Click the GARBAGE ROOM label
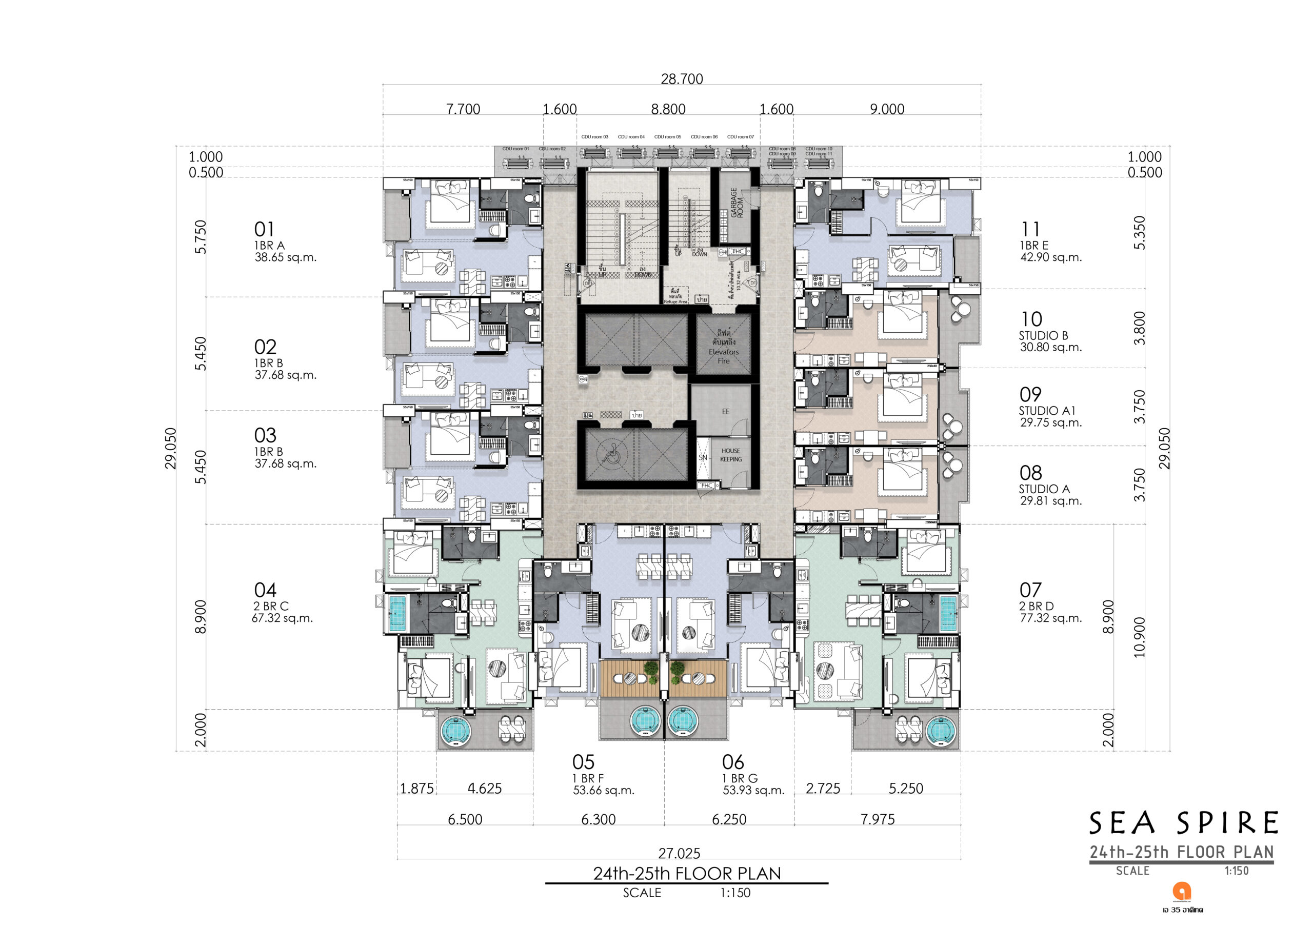[x=737, y=203]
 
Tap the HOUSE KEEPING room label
[x=730, y=455]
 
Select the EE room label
[x=725, y=412]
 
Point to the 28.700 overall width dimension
[x=682, y=79]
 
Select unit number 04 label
[x=265, y=590]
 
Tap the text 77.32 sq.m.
[x=1050, y=618]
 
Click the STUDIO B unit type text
[x=1043, y=336]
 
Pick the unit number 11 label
[x=1030, y=229]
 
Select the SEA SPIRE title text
[x=1183, y=823]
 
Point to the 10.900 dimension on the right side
[x=1139, y=637]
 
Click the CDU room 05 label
[x=667, y=137]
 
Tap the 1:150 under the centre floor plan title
[x=735, y=893]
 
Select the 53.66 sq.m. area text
[x=603, y=791]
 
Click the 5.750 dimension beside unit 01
[x=200, y=237]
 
